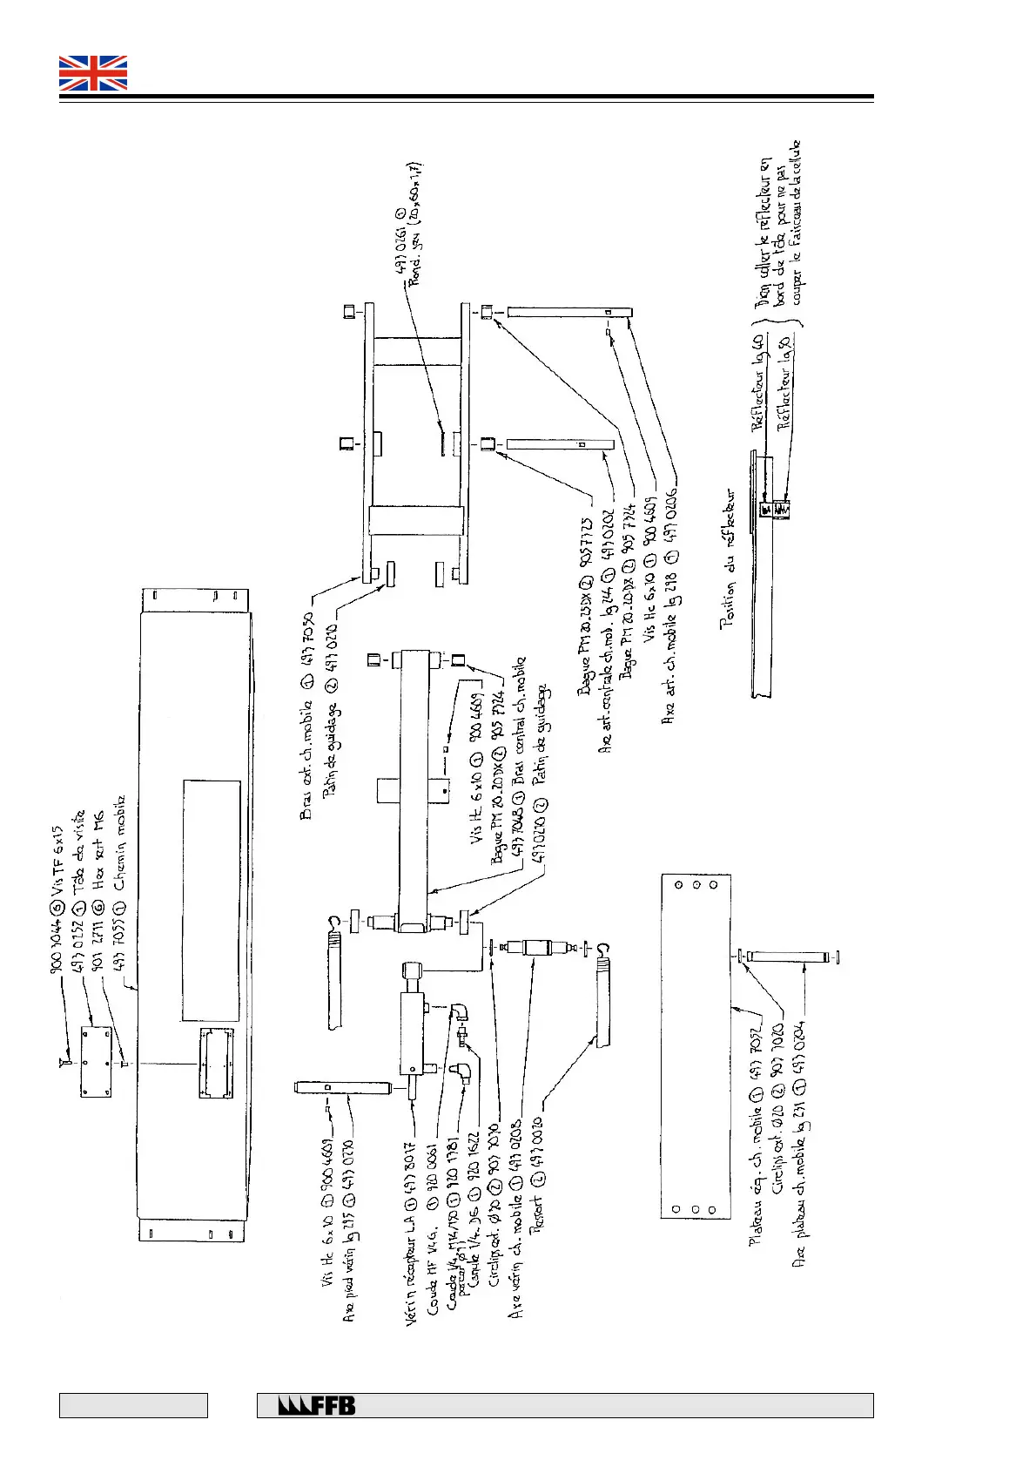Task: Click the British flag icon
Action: (x=93, y=73)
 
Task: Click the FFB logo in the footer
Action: (x=317, y=1405)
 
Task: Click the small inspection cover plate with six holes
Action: (x=96, y=1060)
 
